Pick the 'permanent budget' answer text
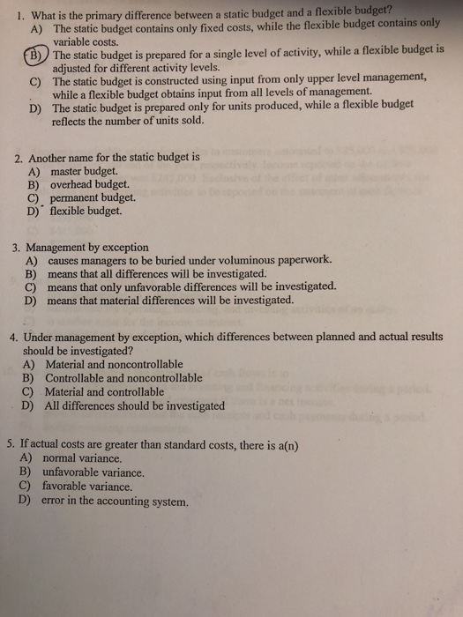[93, 198]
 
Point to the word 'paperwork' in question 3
[302, 260]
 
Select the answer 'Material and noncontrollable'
[115, 364]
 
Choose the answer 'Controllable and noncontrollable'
[123, 378]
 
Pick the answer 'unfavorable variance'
[93, 472]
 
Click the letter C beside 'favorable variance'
[25, 487]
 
